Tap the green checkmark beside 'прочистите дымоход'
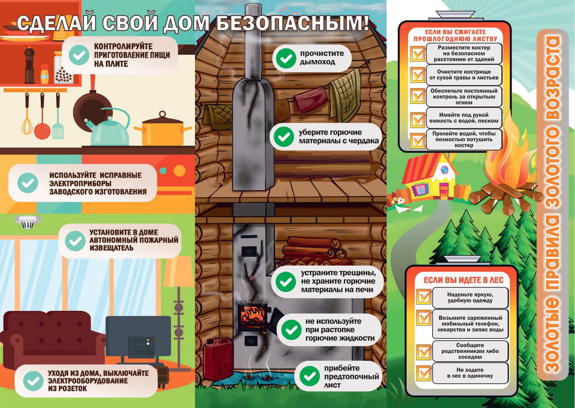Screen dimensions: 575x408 pos(286,58)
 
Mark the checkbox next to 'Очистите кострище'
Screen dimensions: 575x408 pos(418,75)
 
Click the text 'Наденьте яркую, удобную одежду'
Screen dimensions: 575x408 pos(470,297)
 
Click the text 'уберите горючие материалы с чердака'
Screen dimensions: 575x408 pos(339,137)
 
